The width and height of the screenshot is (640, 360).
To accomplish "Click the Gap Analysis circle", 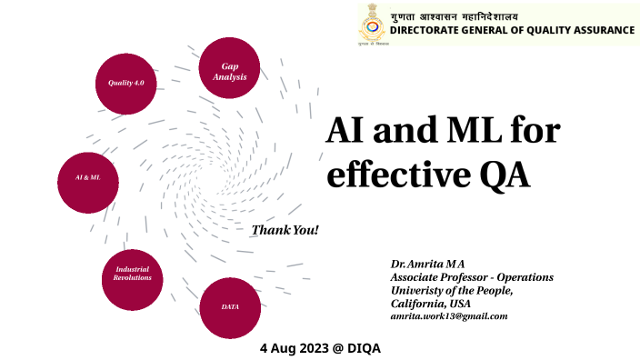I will [x=229, y=70].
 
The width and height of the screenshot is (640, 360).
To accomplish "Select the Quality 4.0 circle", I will [x=126, y=84].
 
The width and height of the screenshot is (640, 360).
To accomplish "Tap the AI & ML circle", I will [x=88, y=178].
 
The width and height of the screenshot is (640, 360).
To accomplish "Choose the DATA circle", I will [x=229, y=307].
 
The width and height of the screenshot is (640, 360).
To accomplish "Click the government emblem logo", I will [x=368, y=25].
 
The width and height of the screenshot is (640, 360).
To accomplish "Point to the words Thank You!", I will [x=285, y=230].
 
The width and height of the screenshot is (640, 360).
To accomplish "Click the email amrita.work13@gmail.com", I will [x=448, y=315].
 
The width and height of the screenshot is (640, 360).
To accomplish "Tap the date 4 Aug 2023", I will [x=294, y=348].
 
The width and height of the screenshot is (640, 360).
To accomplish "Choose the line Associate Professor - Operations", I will [x=471, y=277].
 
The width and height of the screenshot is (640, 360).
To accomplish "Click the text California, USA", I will [x=430, y=303].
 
